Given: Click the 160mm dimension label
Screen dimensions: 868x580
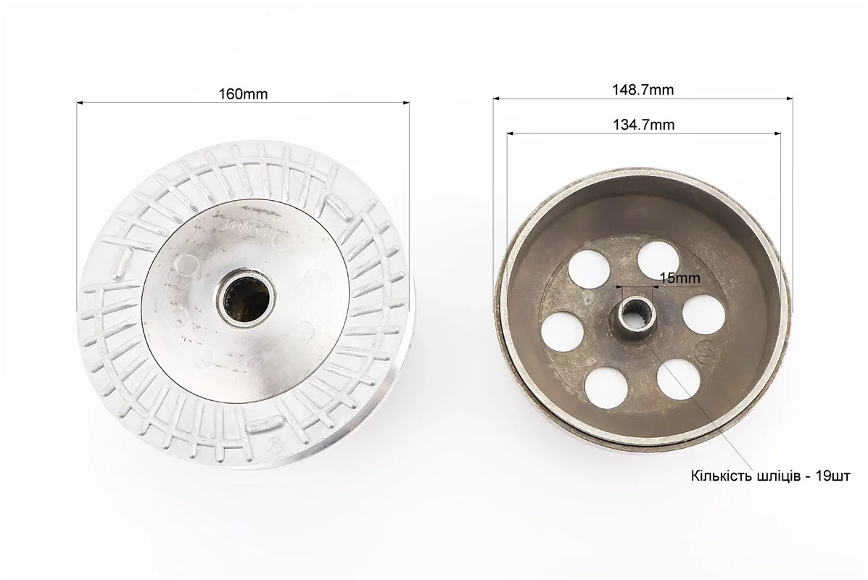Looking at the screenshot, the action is [243, 94].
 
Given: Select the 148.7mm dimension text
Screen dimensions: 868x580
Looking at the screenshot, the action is [643, 90].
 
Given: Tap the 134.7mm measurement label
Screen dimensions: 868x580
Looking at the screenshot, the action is [644, 125].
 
